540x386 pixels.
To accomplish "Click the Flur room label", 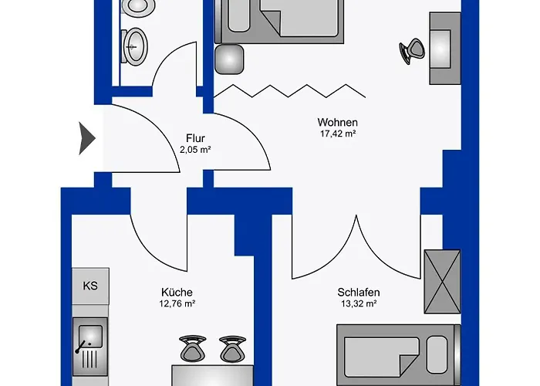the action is [195, 138].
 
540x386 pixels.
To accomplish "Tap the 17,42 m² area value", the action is [338, 134].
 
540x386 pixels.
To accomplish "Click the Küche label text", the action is [177, 293].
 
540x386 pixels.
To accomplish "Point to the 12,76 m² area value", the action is [177, 303].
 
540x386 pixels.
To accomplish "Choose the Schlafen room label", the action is [359, 293].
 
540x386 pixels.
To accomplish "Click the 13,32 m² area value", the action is [359, 303].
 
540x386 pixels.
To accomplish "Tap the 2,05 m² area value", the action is [195, 150].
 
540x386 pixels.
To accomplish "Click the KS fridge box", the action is [90, 286].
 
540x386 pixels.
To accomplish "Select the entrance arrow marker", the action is [86, 138].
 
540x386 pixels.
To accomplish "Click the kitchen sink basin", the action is [90, 336].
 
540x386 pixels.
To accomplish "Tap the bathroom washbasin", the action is [134, 47].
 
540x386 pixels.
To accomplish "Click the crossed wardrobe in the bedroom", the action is [442, 282].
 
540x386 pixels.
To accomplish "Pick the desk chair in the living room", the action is [413, 51].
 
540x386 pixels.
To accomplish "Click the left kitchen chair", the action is [193, 348].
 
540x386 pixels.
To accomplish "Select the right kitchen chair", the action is [233, 348].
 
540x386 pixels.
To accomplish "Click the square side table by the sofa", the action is [229, 59].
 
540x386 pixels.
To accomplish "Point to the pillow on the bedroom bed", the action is [437, 354].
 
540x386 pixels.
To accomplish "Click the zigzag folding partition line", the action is [289, 91].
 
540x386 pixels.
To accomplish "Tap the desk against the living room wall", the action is [445, 49].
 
